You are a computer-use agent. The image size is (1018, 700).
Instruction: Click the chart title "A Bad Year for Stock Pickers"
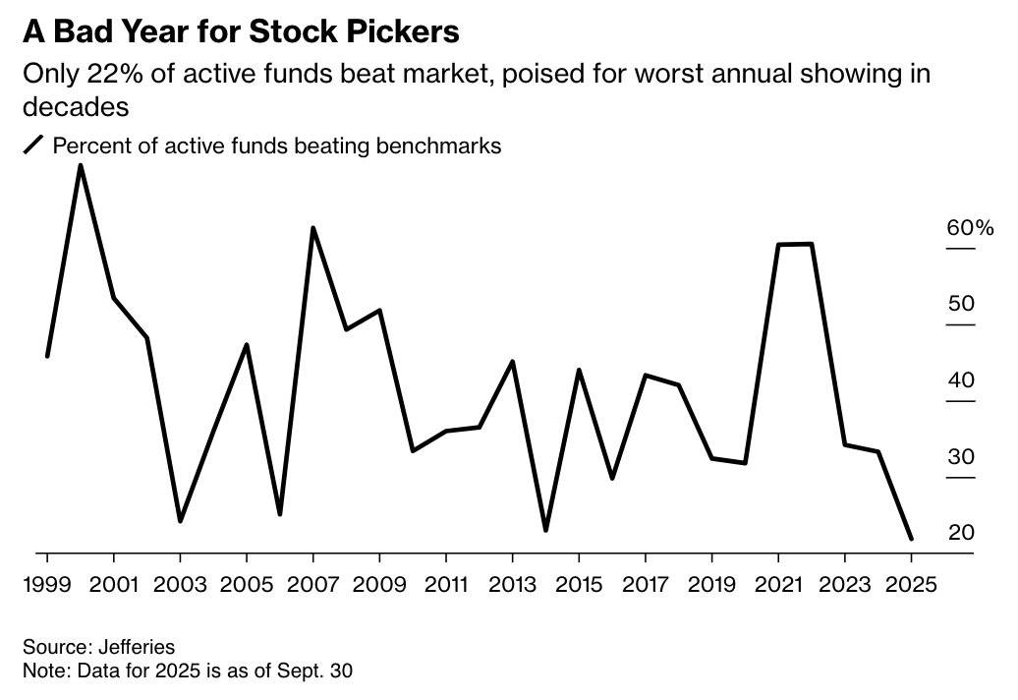coord(241,31)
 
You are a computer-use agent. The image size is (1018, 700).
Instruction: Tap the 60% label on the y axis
coord(970,228)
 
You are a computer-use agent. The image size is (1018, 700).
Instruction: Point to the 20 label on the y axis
coord(960,533)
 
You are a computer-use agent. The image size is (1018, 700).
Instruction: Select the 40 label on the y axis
coord(960,380)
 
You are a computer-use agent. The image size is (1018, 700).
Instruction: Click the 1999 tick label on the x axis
coord(47,583)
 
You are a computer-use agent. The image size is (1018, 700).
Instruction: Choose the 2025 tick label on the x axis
coord(910,583)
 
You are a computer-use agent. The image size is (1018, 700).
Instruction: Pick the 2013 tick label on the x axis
coord(512,583)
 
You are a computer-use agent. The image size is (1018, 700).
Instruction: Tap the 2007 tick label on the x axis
coord(312,583)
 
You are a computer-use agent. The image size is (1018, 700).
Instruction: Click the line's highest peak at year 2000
coord(80,165)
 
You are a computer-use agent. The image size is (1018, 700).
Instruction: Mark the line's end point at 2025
coord(911,539)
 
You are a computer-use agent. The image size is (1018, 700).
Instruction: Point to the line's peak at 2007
coord(312,228)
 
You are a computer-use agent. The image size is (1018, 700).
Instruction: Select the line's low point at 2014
coord(545,530)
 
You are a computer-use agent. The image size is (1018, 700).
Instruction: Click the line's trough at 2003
coord(180,520)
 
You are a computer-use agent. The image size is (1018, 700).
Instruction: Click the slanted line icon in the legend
coord(34,146)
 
